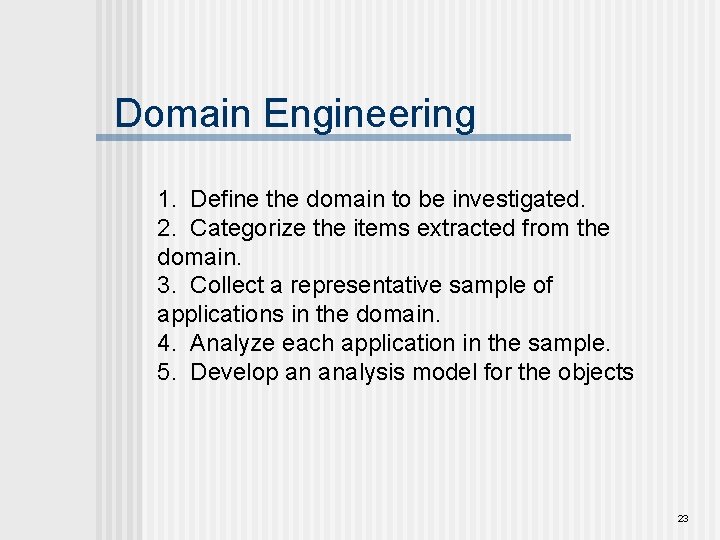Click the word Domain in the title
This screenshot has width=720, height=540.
coord(183,113)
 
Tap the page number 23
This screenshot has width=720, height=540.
coord(683,518)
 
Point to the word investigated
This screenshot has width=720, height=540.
coord(528,199)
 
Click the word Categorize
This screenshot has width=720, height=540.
coord(248,228)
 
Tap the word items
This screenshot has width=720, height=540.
coord(377,228)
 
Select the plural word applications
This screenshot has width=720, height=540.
coord(220,315)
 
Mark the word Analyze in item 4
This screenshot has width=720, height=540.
coord(233,343)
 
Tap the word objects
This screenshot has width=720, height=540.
coord(597,372)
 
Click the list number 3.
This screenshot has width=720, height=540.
coord(165,285)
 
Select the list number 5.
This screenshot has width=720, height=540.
coord(165,372)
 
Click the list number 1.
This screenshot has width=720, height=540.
coord(165,199)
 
